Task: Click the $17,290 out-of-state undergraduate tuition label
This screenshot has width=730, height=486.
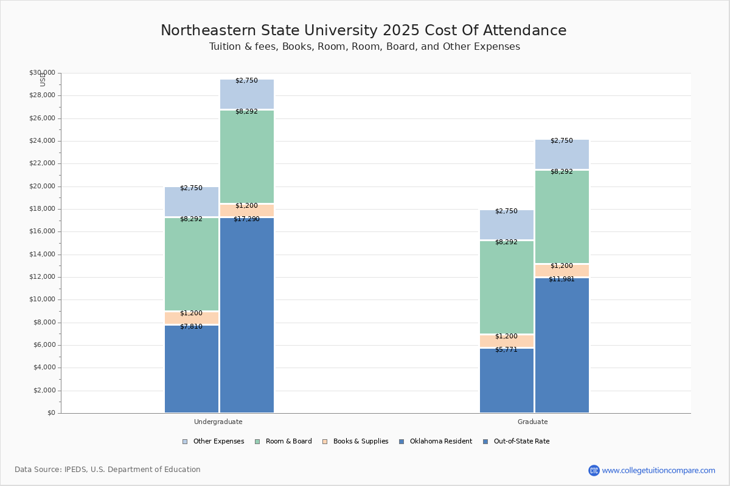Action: point(246,219)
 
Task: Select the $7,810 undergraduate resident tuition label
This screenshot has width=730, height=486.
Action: point(191,327)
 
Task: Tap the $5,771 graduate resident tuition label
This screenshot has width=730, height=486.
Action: point(506,350)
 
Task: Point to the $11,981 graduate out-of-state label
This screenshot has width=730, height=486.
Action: point(561,279)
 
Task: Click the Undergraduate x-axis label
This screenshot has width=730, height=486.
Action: point(218,422)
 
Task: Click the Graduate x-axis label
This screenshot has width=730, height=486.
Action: point(533,422)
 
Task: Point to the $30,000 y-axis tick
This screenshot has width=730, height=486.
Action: point(42,73)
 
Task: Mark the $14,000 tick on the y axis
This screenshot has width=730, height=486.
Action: point(42,255)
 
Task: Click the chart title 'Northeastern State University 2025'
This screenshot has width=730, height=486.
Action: point(363,31)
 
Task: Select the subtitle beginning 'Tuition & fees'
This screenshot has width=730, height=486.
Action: point(364,47)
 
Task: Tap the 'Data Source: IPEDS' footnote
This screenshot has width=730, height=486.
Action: point(108,470)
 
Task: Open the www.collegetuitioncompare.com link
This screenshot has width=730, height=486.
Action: point(658,470)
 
